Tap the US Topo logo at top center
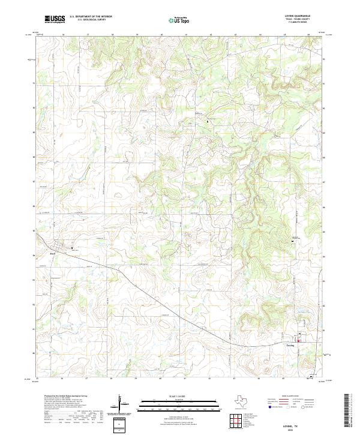(181, 20)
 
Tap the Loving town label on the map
(290, 345)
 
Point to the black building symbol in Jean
(72, 248)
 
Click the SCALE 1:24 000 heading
(180, 397)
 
